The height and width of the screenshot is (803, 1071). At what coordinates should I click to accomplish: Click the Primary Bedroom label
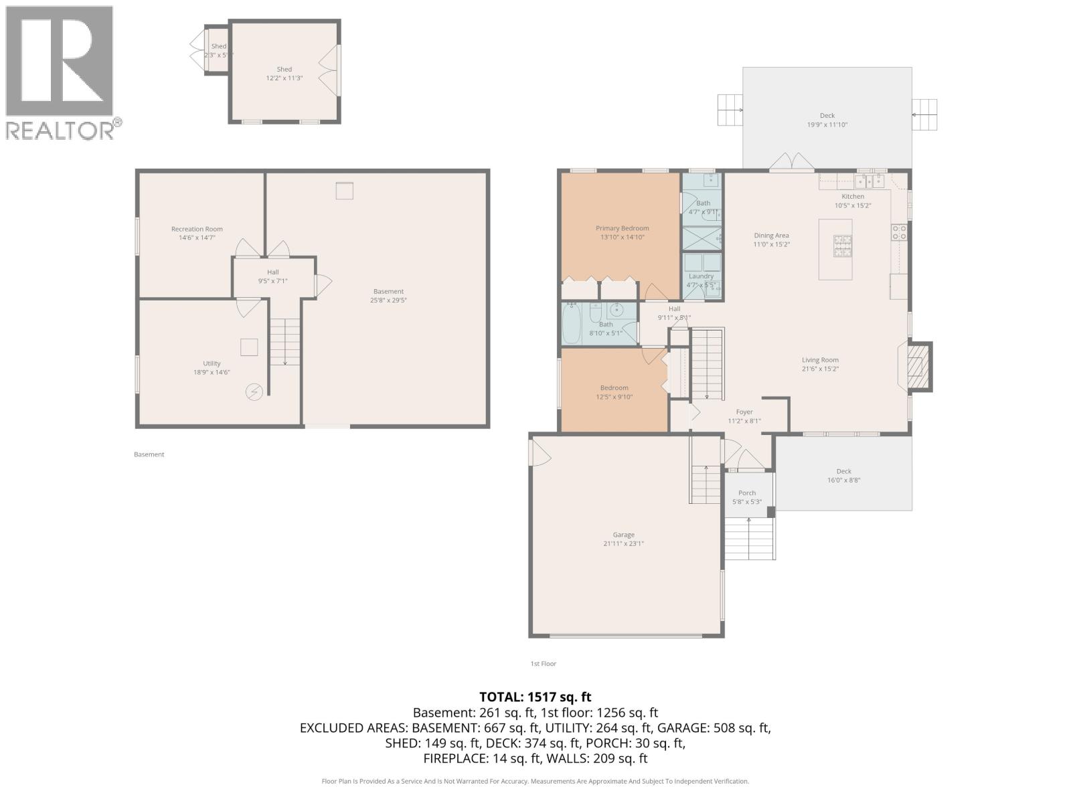[x=622, y=228]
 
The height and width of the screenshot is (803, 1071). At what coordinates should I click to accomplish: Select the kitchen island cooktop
[x=842, y=246]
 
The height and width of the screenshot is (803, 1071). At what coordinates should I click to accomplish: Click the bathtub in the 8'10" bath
[x=571, y=324]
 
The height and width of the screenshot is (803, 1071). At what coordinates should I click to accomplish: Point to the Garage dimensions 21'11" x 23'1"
[x=623, y=544]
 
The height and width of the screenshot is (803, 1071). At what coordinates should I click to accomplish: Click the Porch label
[x=747, y=493]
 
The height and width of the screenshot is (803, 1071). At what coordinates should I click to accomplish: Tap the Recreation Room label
[x=197, y=229]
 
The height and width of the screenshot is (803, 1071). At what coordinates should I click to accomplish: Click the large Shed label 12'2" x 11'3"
[x=284, y=70]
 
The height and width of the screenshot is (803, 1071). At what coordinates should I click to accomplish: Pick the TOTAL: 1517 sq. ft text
[x=535, y=697]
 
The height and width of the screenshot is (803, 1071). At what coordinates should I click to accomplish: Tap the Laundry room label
[x=701, y=276]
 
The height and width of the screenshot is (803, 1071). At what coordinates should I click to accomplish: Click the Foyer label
[x=744, y=412]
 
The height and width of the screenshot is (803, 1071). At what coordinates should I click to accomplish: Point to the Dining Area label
[x=771, y=236]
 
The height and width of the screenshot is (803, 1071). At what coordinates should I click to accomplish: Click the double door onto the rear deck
[x=791, y=163]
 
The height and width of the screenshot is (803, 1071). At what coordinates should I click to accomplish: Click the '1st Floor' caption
[x=543, y=664]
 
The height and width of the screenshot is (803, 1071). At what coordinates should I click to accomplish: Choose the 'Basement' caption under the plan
[x=149, y=454]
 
